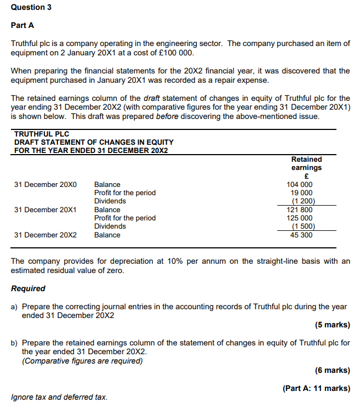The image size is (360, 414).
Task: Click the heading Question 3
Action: tap(28, 7)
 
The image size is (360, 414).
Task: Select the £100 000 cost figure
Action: tap(175, 53)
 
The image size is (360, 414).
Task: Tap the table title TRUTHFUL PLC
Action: tap(42, 134)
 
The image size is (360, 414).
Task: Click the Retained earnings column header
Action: tap(306, 163)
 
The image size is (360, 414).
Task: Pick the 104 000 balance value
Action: tap(300, 185)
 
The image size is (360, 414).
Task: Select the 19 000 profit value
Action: tap(301, 193)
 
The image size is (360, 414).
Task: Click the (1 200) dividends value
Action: tap(303, 201)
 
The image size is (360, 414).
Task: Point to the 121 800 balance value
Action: tap(300, 209)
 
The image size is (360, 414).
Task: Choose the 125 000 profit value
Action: tap(300, 218)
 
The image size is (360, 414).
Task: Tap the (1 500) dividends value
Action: tap(303, 226)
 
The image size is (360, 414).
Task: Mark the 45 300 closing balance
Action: tap(302, 235)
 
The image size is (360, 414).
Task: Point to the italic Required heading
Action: tap(28, 288)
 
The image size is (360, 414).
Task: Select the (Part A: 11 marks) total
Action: tap(316, 388)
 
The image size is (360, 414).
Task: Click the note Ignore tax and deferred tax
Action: tap(59, 397)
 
